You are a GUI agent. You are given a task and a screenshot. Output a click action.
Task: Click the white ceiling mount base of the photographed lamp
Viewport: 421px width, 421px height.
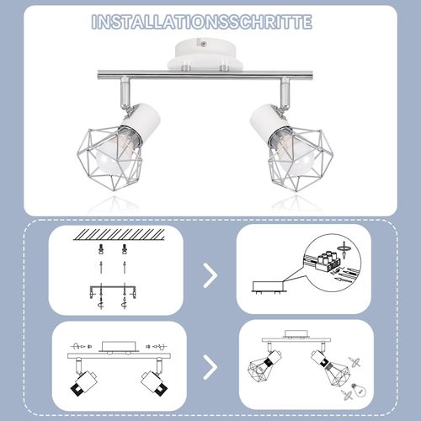tap(207, 56)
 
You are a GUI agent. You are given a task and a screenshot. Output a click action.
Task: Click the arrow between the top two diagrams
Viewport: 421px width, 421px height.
tap(209, 274)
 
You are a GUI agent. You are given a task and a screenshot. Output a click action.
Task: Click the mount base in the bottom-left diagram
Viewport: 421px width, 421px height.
tap(116, 347)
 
